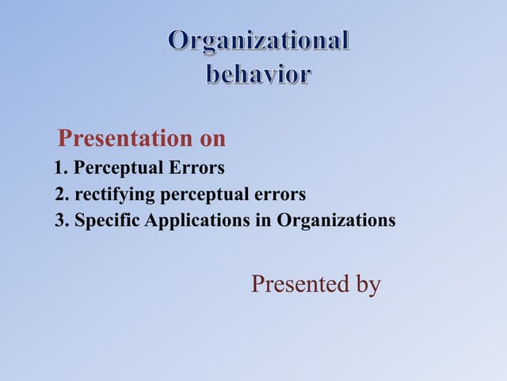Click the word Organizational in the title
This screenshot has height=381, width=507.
click(x=259, y=41)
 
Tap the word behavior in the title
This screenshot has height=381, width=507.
click(x=259, y=75)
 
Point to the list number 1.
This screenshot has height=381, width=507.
click(x=60, y=168)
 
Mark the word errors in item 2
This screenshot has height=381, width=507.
click(x=281, y=194)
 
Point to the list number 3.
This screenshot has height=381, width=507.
click(x=60, y=221)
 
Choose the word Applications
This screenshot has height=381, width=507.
click(x=197, y=221)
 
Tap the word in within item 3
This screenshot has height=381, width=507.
click(x=264, y=221)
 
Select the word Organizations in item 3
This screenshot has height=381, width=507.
click(x=335, y=221)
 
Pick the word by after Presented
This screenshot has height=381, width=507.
click(x=367, y=285)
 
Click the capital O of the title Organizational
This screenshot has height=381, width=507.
click(x=181, y=41)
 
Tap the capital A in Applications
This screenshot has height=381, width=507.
click(x=151, y=221)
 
